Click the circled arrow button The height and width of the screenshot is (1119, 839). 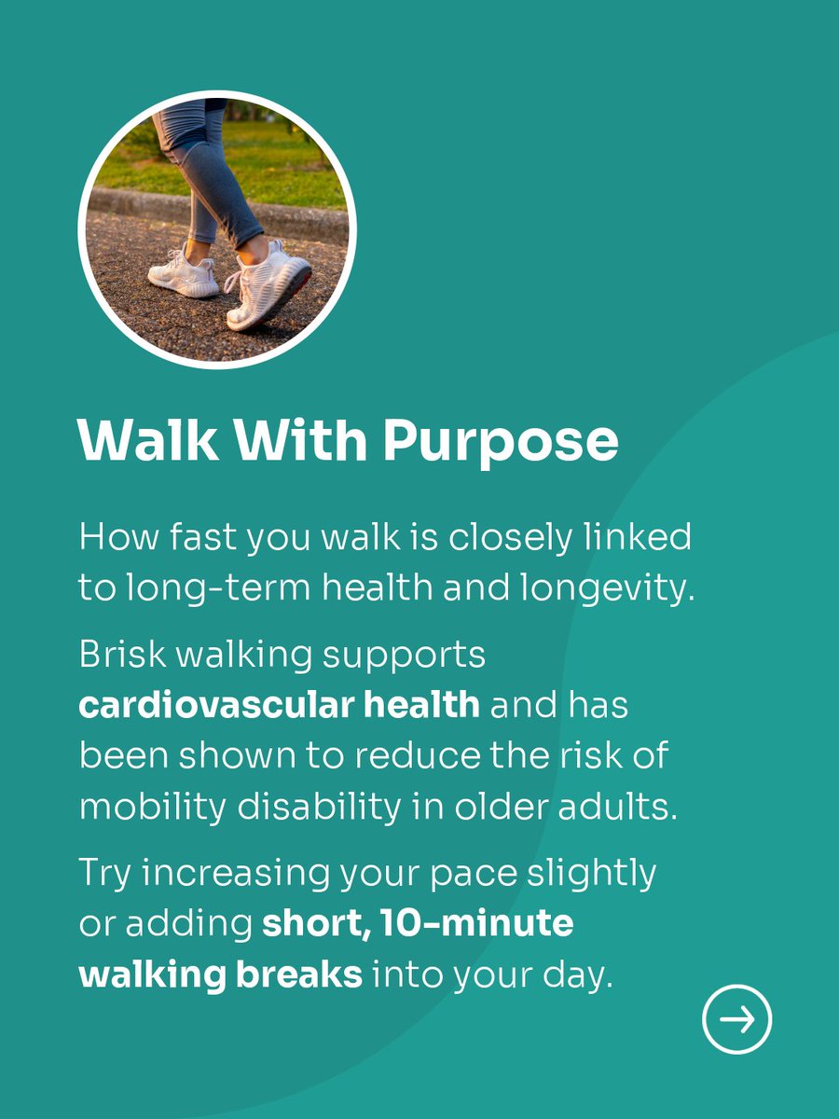tap(736, 1019)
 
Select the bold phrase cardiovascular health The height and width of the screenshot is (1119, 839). tap(279, 704)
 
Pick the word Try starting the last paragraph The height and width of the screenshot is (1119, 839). tap(104, 874)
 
